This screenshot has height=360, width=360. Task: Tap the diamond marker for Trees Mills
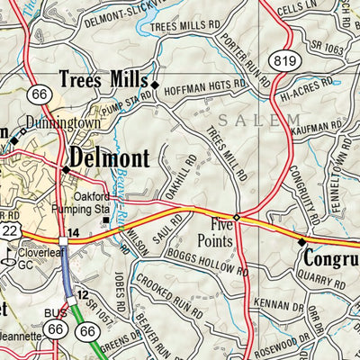[154, 85]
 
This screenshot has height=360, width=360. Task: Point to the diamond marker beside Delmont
[66, 169]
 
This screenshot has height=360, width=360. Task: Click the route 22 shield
[7, 232]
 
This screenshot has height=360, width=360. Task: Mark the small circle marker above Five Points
[237, 218]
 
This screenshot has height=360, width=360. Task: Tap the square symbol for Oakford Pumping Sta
[104, 220]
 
